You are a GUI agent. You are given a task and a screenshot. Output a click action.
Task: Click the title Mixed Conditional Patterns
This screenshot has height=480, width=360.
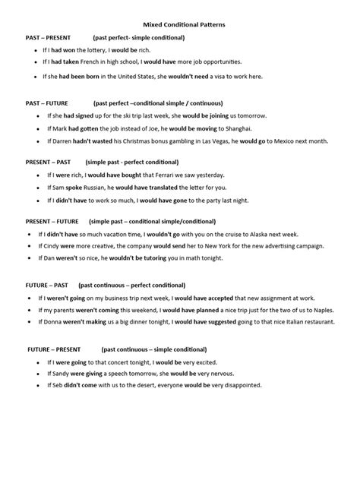[x=180, y=25]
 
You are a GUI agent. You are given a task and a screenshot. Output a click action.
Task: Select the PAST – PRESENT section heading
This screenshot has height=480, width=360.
[x=49, y=37]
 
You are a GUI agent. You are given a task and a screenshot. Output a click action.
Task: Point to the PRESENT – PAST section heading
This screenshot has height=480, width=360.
[x=48, y=162]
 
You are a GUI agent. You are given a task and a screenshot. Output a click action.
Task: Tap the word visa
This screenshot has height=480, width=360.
[x=232, y=76]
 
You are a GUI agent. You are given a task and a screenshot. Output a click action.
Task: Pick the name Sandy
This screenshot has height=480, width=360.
[x=61, y=374]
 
